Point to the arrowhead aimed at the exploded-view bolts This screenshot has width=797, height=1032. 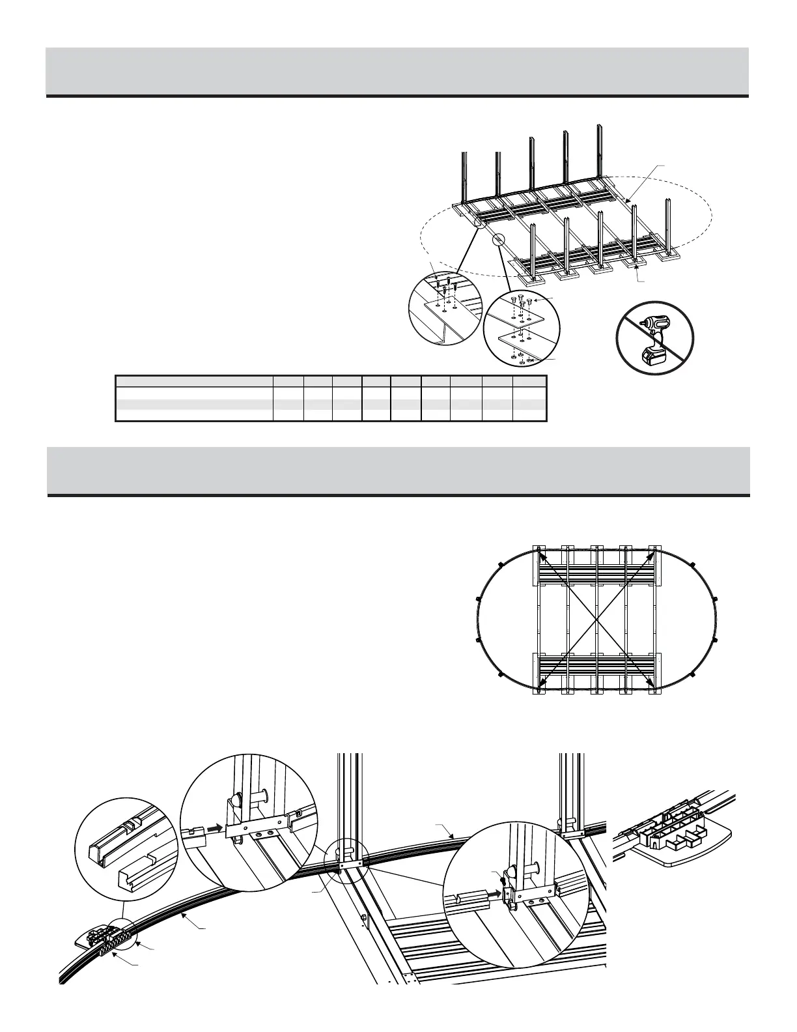pos(535,301)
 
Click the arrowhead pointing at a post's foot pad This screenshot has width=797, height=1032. pos(637,268)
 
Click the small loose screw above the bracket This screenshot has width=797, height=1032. pos(503,880)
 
